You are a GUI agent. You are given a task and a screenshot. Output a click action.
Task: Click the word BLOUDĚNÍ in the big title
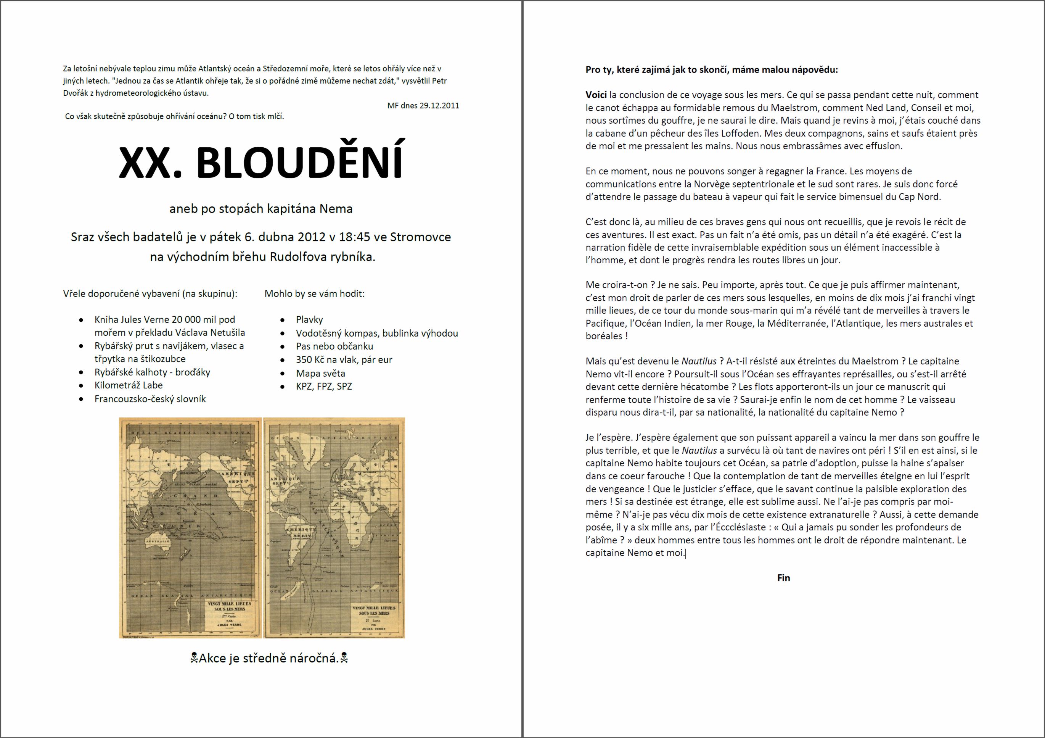coord(299,163)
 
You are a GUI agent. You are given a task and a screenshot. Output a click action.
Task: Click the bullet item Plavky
coord(309,320)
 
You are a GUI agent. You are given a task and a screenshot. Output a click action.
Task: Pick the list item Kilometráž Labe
coord(129,385)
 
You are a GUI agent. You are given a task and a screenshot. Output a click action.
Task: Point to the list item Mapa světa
coord(320,373)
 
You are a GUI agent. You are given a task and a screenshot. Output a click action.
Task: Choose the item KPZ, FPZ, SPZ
coord(323,387)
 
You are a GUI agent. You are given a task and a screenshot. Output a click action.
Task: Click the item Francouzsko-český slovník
coord(150,399)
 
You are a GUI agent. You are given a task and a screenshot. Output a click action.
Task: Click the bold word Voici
coord(596,95)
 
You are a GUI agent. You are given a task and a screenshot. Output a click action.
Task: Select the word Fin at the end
coord(783,578)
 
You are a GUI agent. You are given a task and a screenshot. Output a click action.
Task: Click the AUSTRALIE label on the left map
coord(157,541)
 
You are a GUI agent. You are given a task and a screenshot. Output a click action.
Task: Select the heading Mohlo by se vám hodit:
coord(315,294)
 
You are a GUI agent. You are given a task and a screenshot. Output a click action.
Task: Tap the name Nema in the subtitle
coord(336,209)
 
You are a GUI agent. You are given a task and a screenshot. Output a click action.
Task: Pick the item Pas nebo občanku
coord(334,346)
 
